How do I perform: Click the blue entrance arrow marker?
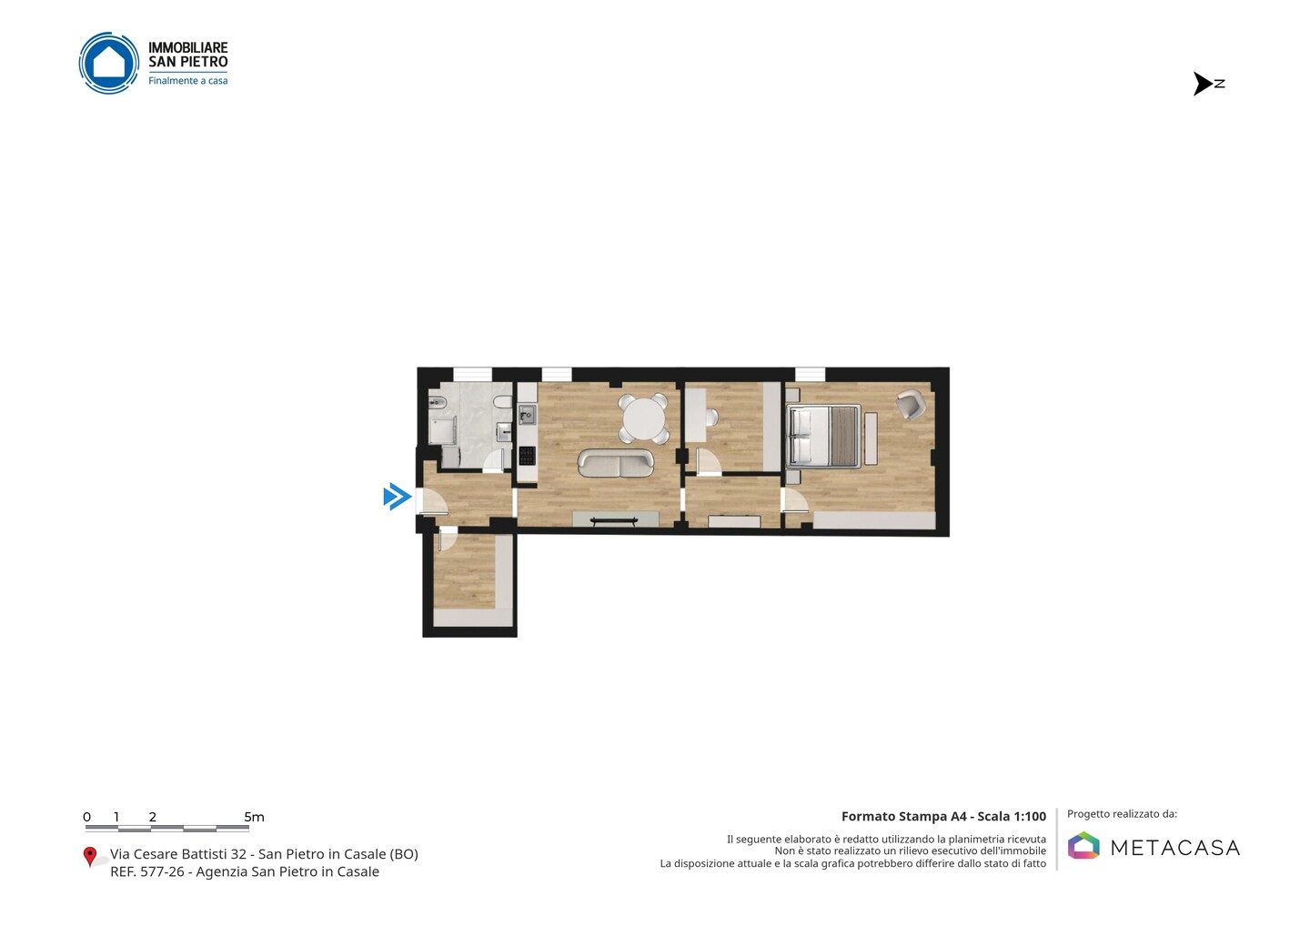pos(397,497)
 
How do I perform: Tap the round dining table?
pos(643,418)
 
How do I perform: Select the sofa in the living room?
pos(615,463)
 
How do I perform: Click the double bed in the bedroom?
pos(823,436)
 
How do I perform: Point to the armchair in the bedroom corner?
pos(910,404)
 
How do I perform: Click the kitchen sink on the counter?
pos(527,415)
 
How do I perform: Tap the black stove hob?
pos(527,456)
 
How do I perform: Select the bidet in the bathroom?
pos(438,402)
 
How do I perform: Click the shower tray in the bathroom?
pos(443,431)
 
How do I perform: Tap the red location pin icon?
pos(89,857)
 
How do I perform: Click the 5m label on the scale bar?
pos(254,817)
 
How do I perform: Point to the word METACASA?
pos(1175,848)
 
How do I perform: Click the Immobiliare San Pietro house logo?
pos(109,63)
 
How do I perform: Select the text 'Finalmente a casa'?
pos(187,81)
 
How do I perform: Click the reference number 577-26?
pos(162,871)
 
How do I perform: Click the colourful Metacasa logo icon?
pos(1083,845)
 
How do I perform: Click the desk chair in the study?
pos(711,418)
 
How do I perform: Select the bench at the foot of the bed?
pos(871,439)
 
